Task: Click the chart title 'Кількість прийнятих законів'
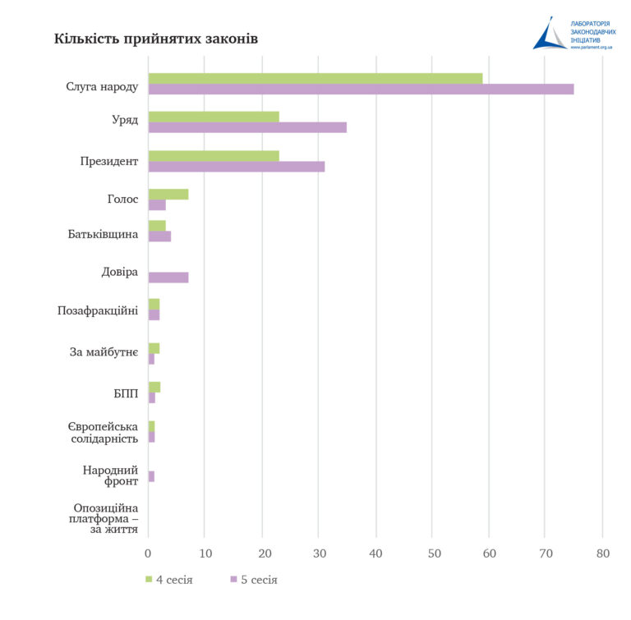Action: coord(155,39)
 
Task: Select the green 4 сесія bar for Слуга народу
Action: coord(315,78)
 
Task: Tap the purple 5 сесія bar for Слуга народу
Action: coord(361,89)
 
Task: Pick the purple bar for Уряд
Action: coord(246,127)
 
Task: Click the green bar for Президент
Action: coord(214,155)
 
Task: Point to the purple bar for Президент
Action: coord(237,166)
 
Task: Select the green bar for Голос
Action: coord(168,194)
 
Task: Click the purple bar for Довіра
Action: coord(168,277)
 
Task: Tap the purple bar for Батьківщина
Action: coord(159,237)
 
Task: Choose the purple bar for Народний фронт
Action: coord(151,476)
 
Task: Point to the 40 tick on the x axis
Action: coord(375,553)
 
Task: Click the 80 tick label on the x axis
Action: coord(602,553)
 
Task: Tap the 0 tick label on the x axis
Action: coord(148,553)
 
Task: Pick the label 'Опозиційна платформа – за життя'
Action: coord(105,518)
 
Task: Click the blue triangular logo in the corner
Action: coord(549,34)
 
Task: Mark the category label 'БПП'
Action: coord(126,393)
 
